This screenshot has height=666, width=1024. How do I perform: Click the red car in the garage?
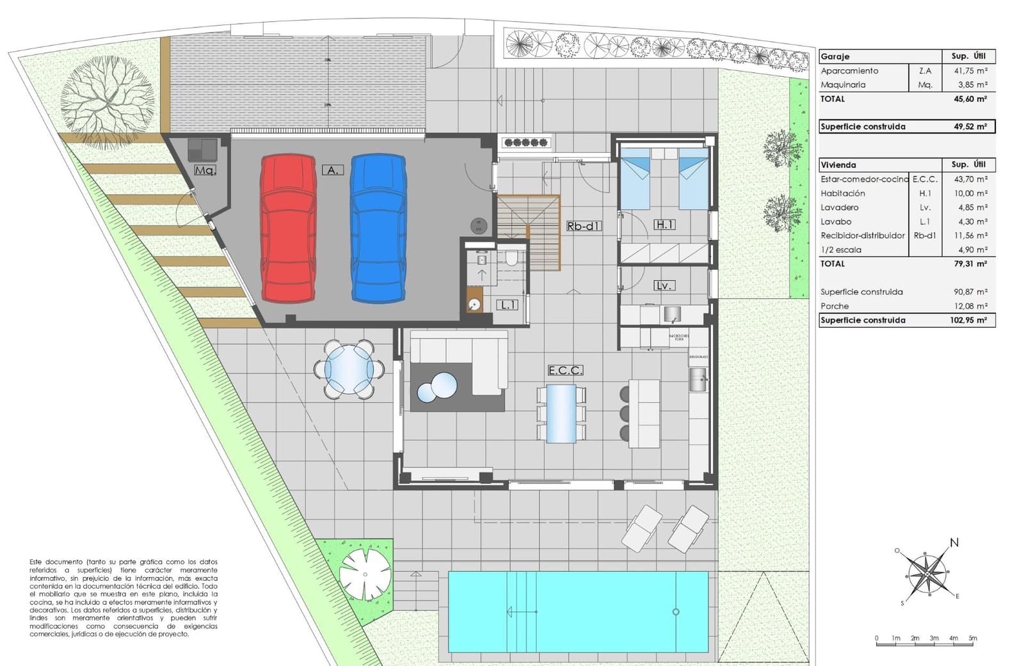point(288,228)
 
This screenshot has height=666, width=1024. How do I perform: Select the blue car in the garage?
point(378,228)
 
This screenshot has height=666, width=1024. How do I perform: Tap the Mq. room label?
point(205,170)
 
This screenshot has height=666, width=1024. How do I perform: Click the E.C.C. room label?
point(565,370)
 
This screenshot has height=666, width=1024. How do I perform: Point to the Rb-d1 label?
point(584,226)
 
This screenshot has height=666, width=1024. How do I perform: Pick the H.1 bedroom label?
point(664,225)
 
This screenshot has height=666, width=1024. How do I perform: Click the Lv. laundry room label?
point(664,285)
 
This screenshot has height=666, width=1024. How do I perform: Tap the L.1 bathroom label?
point(509,305)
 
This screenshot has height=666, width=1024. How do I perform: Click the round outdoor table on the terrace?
point(349,369)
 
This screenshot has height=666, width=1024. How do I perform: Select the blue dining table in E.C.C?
point(561,413)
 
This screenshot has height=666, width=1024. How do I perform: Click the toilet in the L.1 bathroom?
point(511,259)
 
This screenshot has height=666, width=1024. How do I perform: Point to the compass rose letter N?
point(954,543)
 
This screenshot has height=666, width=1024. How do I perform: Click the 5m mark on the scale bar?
point(973,638)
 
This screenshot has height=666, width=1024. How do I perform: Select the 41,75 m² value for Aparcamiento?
point(970,71)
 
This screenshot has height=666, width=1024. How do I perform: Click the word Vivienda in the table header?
point(838,165)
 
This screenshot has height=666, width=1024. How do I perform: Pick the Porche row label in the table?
point(835,306)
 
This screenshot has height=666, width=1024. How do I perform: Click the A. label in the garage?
point(332,170)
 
